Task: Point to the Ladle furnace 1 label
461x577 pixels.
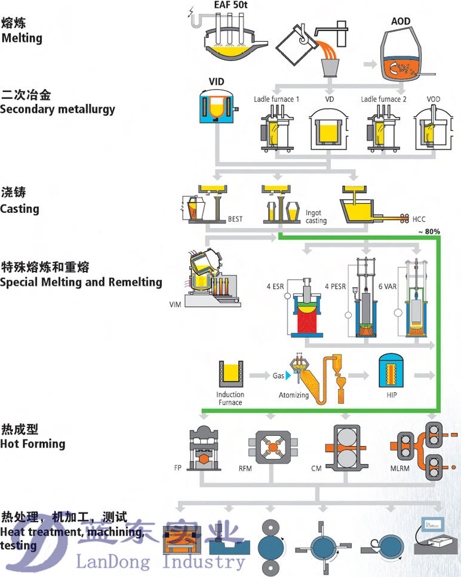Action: pyautogui.click(x=276, y=99)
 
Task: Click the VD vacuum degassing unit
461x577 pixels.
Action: pyautogui.click(x=328, y=127)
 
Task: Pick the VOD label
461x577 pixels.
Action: pyautogui.click(x=434, y=99)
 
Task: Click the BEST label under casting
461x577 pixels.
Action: pyautogui.click(x=235, y=219)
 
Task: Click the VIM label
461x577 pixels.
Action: pyautogui.click(x=176, y=305)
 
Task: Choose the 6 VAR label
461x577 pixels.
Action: pyautogui.click(x=387, y=286)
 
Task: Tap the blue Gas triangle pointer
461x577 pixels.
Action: pyautogui.click(x=288, y=375)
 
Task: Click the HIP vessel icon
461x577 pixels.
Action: pyautogui.click(x=392, y=371)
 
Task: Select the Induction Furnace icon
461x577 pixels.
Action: pyautogui.click(x=230, y=374)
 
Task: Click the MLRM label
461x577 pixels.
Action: pyautogui.click(x=401, y=468)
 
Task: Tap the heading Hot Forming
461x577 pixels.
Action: pyautogui.click(x=33, y=444)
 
